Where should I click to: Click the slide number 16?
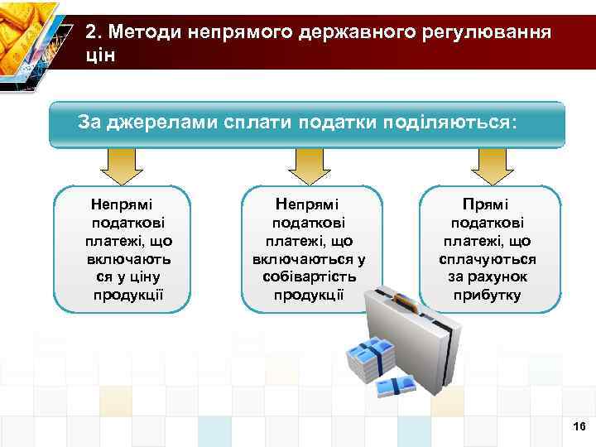pos(579,425)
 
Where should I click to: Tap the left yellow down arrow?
pos(122,166)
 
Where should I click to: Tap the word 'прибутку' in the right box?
pos(488,296)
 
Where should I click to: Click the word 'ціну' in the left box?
pos(145,277)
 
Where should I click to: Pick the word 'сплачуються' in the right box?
pos(488,259)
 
